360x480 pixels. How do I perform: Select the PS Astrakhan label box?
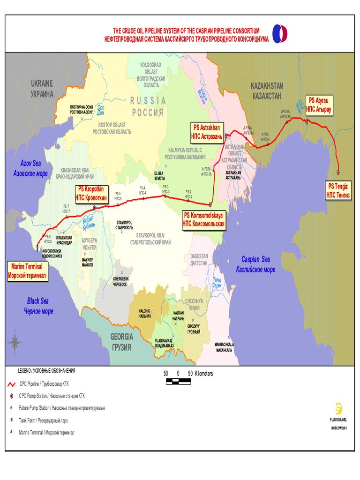pos(207,132)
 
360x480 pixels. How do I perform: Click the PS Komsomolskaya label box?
pos(204,219)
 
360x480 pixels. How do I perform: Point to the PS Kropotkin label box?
pos(92,192)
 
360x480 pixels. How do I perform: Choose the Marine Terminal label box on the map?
pos(27,271)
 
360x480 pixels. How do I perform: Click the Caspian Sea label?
pos(255,264)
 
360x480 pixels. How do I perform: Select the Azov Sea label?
pos(30,168)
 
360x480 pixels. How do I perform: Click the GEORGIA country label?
pos(121,342)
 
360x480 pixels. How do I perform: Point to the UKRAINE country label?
pos(42,88)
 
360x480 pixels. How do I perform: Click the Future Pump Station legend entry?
pos(61,408)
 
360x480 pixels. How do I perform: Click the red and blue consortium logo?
pos(280,34)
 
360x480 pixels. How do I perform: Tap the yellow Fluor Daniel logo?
pos(338,408)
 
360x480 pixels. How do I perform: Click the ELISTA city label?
pos(160,176)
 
